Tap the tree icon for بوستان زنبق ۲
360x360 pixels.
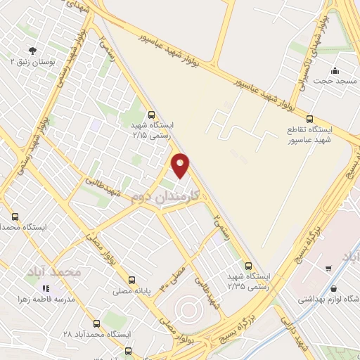(x=32, y=49)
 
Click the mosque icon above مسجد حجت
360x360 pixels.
(x=335, y=70)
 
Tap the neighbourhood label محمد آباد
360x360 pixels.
(x=77, y=271)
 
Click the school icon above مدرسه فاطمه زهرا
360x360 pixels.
(x=46, y=288)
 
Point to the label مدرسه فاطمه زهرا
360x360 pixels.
(x=46, y=299)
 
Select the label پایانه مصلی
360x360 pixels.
(x=133, y=288)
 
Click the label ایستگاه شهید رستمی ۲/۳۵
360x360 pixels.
(x=243, y=281)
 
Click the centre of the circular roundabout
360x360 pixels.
(x=186, y=308)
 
